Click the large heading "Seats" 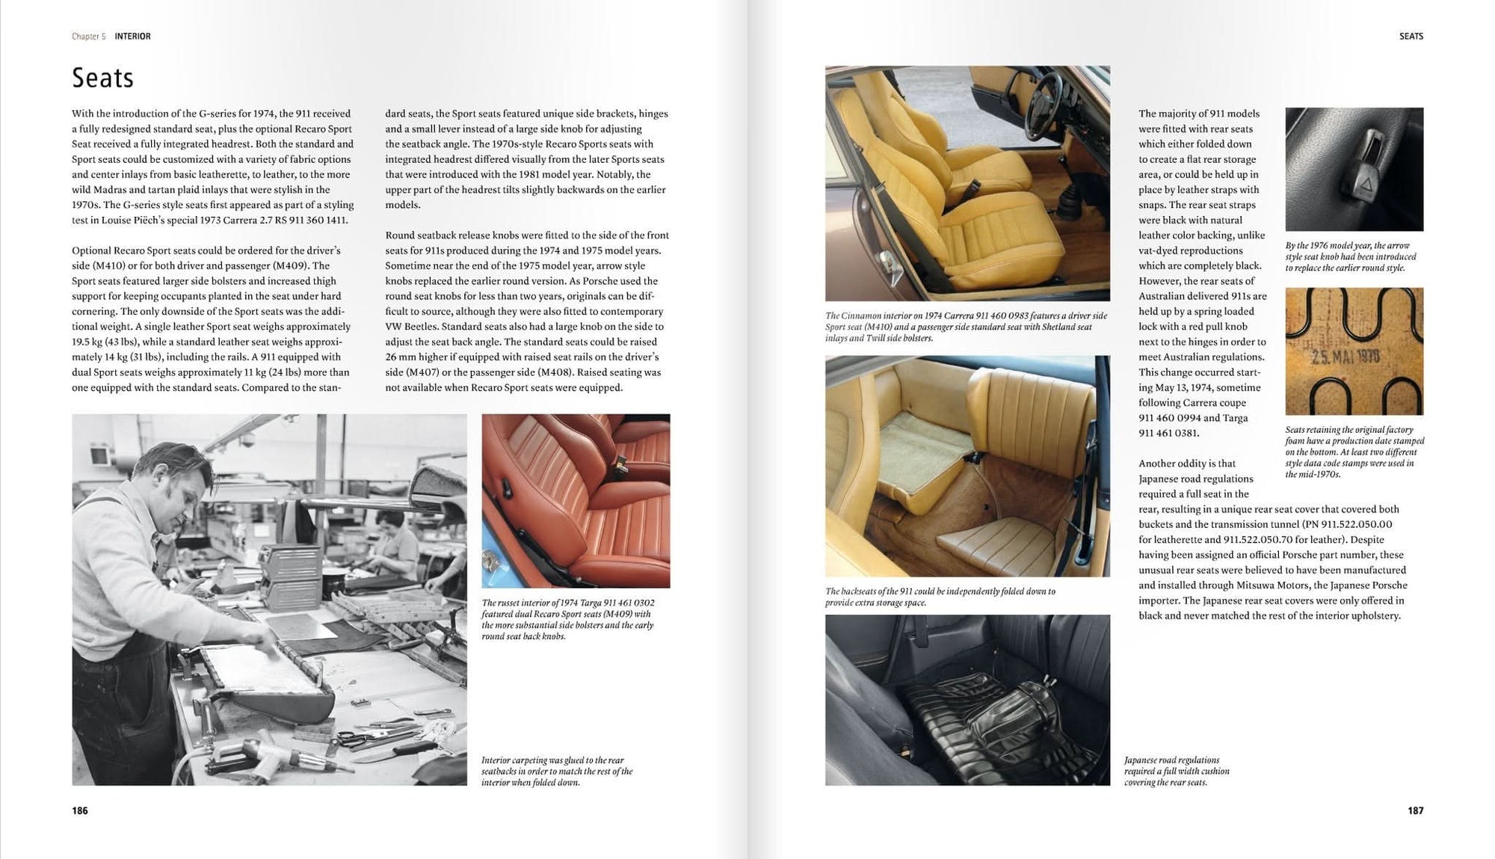click(102, 78)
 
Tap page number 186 click(80, 810)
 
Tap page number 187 click(1415, 810)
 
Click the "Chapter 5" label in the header click(88, 36)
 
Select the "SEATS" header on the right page click(1411, 36)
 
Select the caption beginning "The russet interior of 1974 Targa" click(568, 619)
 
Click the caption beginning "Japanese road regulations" click(1177, 771)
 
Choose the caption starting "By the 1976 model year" click(1350, 256)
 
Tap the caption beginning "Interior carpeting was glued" click(557, 771)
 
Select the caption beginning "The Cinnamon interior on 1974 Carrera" click(966, 327)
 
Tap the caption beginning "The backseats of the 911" click(940, 597)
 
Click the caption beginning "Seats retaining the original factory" click(1354, 452)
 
